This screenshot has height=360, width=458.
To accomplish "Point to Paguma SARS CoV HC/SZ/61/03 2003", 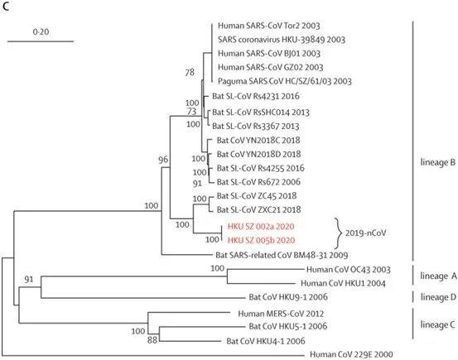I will [285, 82].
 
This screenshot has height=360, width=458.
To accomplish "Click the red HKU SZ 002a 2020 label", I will [262, 226].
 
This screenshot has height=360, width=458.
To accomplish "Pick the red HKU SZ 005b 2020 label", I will [262, 240].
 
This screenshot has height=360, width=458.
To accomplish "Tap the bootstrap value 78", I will [190, 73].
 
